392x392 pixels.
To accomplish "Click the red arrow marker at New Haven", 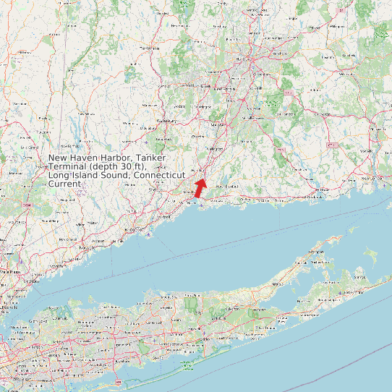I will [200, 188].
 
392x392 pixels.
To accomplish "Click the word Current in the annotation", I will [64, 184].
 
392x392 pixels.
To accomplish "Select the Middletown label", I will [252, 116].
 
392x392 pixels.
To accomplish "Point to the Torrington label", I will [149, 48].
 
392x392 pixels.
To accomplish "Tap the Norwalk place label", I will [98, 241].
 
